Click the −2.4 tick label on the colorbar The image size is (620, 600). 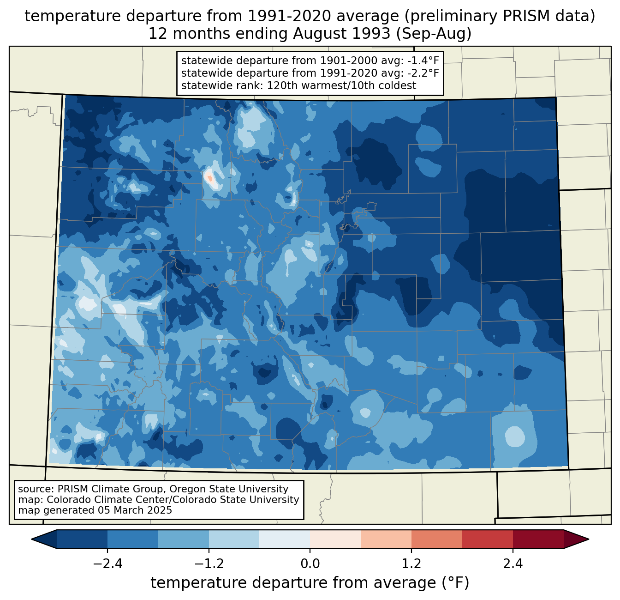click(107, 564)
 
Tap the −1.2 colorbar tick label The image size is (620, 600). click(209, 564)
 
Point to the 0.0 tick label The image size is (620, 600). click(310, 564)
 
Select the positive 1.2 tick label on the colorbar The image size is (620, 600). click(411, 564)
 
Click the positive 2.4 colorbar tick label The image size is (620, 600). click(513, 564)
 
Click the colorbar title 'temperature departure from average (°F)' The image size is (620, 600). click(310, 583)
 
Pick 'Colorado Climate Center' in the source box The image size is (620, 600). click(101, 500)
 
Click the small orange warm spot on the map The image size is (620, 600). click(210, 178)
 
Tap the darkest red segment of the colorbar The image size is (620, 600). click(538, 539)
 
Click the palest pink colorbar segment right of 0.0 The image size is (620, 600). click(335, 539)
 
